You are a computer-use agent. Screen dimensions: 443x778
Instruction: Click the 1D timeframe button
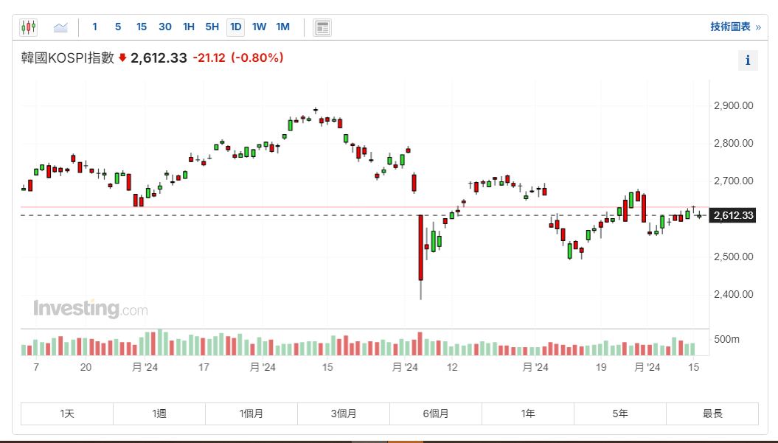point(236,27)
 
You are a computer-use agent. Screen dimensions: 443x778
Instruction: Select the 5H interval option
point(212,27)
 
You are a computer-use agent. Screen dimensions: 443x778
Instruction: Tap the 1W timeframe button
point(260,27)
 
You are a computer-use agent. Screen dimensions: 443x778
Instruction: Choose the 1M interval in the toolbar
point(283,27)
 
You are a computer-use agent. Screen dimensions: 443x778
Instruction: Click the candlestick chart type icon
point(28,27)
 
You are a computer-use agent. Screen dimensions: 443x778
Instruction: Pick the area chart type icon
point(60,28)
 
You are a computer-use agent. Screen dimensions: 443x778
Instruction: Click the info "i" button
point(748,60)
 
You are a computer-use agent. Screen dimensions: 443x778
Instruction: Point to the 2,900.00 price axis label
point(733,105)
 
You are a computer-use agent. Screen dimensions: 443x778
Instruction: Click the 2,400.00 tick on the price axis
point(733,294)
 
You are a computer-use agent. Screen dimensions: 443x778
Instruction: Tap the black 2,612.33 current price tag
point(733,215)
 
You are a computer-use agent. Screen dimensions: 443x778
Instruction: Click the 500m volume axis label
point(726,339)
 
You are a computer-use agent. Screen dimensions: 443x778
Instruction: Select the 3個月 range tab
point(344,414)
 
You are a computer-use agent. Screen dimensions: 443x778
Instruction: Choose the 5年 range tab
point(620,414)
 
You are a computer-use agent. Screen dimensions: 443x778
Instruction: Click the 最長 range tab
point(712,414)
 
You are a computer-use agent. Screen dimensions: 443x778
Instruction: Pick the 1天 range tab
point(67,414)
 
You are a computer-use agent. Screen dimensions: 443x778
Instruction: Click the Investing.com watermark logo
point(90,308)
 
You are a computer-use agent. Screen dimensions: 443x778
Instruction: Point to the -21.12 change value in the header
point(209,57)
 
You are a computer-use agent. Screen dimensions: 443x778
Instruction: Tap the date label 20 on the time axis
point(86,367)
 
